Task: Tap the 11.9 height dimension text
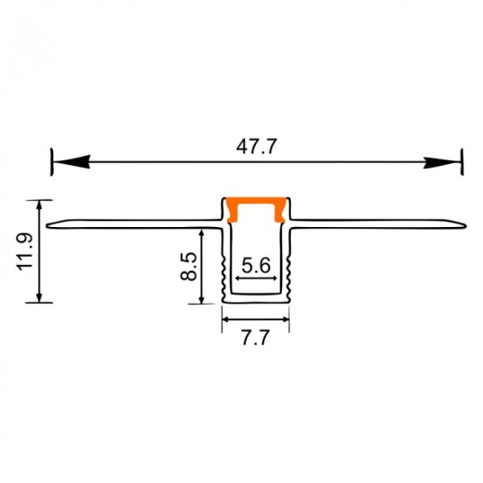click(26, 251)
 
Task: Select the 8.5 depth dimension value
click(188, 267)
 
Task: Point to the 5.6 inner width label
click(257, 265)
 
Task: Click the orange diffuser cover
click(256, 208)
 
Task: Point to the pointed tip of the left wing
click(47, 224)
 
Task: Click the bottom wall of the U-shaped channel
click(256, 299)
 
